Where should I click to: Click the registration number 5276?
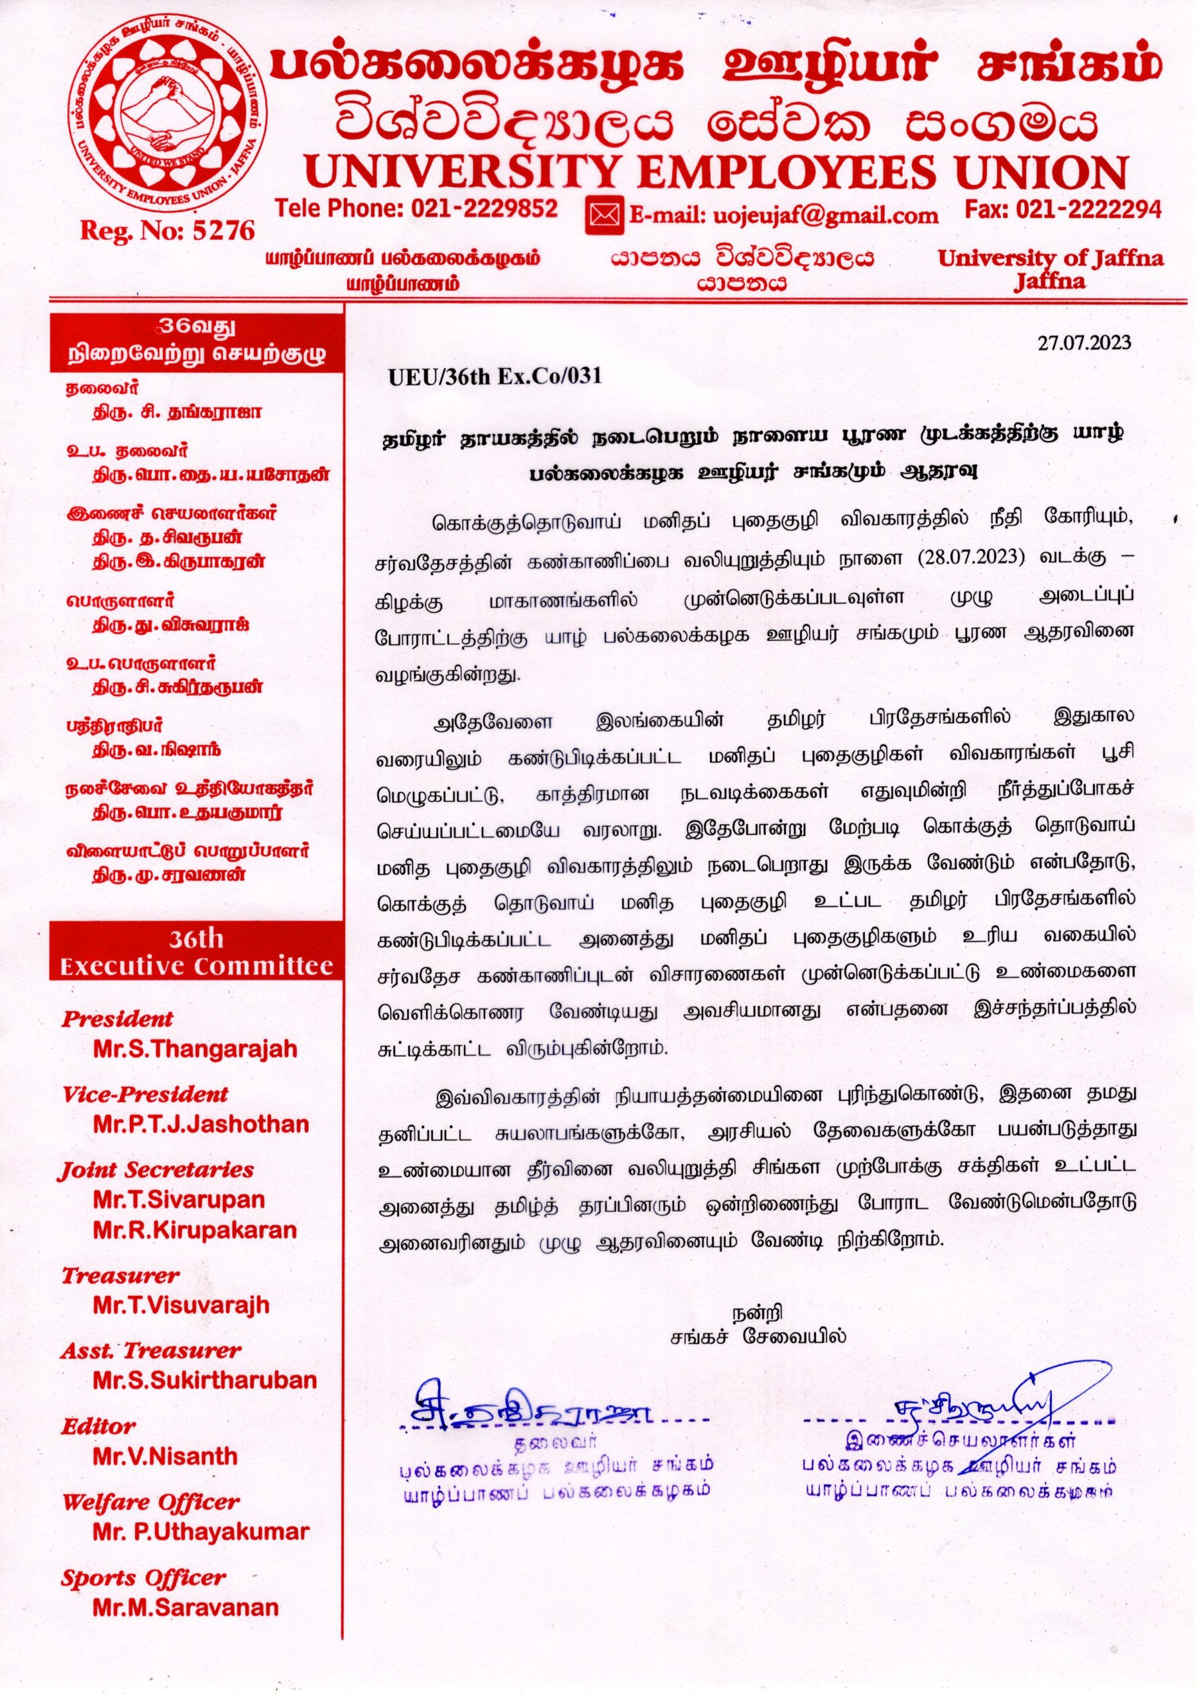point(223,231)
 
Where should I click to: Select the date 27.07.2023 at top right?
point(1084,342)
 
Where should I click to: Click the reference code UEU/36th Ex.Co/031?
point(495,377)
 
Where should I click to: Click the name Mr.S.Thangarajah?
point(195,1049)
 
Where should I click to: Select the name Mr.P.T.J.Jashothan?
point(201,1124)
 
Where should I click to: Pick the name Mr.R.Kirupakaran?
point(195,1230)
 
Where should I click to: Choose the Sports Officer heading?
point(143,1577)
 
